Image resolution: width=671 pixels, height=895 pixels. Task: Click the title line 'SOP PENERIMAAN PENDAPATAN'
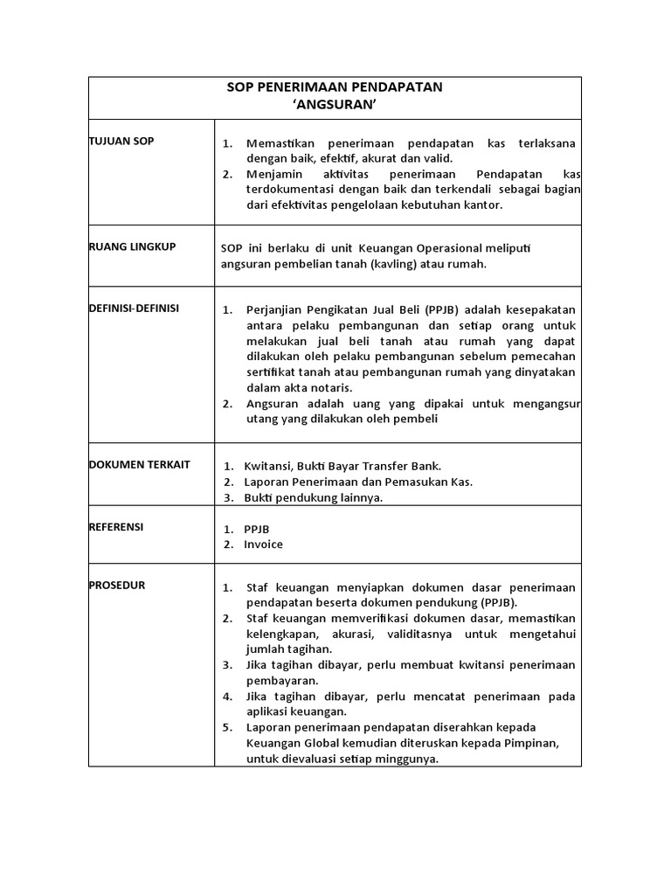(x=335, y=87)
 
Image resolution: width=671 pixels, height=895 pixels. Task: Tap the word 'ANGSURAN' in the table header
(x=335, y=104)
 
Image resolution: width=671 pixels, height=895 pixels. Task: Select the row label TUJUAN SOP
(x=121, y=142)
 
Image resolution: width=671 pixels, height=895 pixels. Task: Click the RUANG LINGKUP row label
(x=133, y=247)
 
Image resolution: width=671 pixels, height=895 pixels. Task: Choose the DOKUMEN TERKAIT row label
(x=140, y=465)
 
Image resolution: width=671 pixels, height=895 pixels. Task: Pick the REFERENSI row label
(x=116, y=527)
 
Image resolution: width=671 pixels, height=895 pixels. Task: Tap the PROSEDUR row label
(x=117, y=586)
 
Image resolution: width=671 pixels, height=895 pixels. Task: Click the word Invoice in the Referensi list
(x=263, y=545)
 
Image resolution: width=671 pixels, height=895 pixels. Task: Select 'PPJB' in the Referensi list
(x=258, y=529)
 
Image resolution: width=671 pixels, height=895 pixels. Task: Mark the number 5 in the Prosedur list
(x=226, y=728)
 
